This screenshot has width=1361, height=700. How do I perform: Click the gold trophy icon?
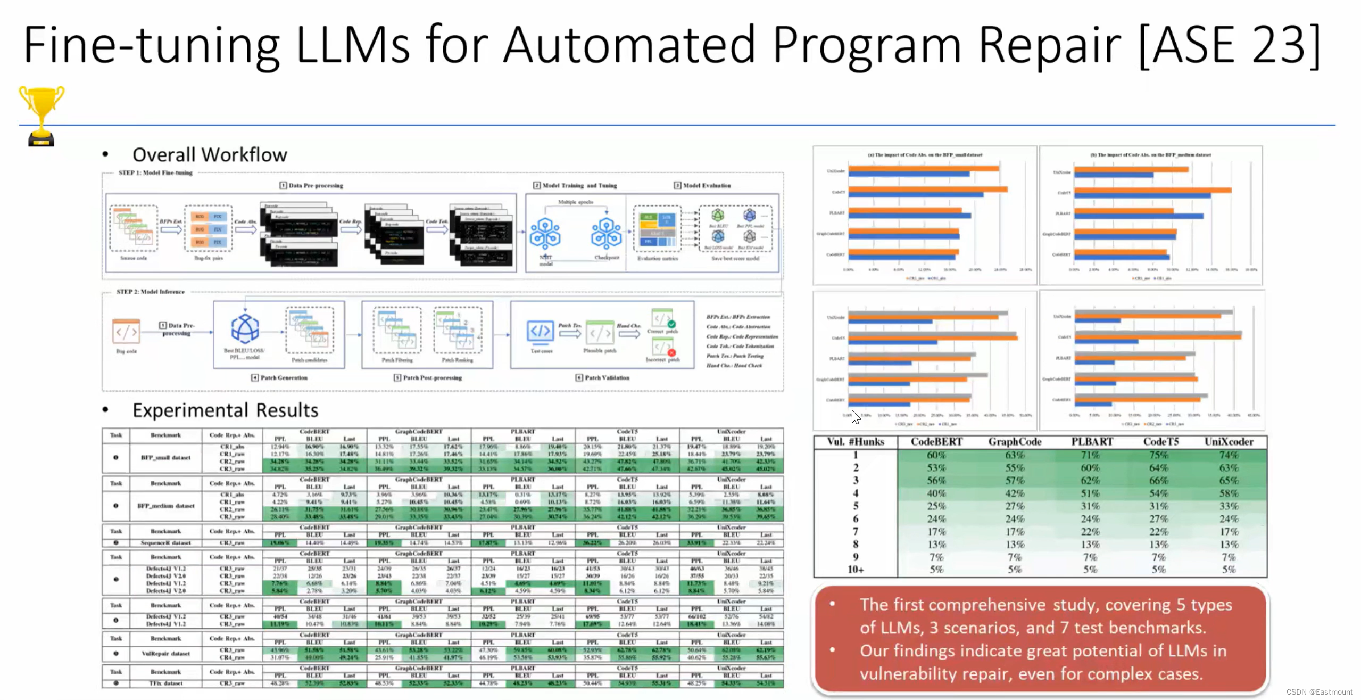(42, 114)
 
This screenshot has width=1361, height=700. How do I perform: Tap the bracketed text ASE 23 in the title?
(1229, 45)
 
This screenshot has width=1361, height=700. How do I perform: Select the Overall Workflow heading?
(210, 155)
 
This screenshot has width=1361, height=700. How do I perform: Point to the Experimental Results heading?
(225, 410)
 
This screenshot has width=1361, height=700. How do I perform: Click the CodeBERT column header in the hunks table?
(936, 442)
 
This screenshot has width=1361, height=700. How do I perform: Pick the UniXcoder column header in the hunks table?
(1229, 442)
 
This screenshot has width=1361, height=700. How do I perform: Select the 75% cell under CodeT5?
(1158, 455)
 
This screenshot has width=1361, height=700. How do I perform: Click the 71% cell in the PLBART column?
(1090, 455)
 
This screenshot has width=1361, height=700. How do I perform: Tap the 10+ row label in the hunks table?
(856, 570)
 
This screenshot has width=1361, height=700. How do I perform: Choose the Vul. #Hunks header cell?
(856, 442)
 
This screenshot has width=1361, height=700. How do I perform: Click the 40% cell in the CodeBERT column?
(936, 493)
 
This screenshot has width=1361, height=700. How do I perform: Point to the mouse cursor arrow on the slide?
(856, 417)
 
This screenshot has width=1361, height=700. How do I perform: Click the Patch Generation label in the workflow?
(284, 378)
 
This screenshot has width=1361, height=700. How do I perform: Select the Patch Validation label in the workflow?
(607, 378)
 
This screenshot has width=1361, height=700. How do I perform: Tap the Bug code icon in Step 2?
(127, 333)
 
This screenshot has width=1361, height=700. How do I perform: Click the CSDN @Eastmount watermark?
(1319, 692)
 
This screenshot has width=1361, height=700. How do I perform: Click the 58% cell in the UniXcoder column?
(1229, 493)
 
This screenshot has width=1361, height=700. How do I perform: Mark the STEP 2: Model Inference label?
(151, 292)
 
